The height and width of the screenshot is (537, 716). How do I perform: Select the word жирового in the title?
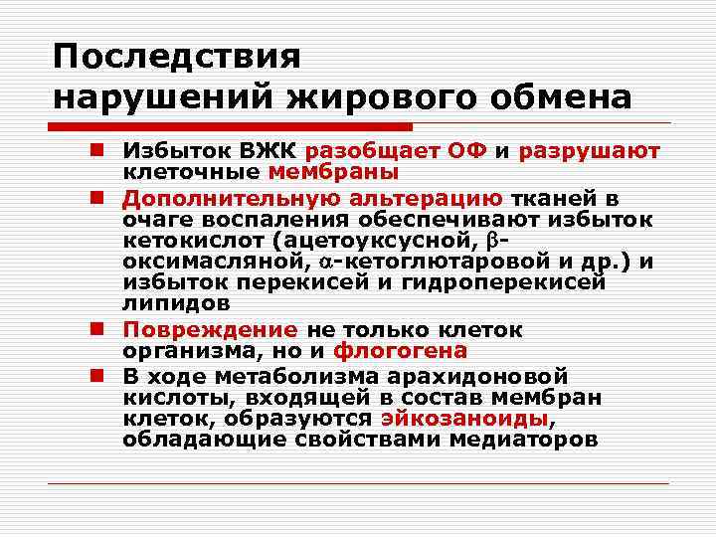(365, 98)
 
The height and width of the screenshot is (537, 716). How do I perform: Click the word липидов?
(176, 302)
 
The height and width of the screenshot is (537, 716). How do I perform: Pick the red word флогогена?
(400, 351)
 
